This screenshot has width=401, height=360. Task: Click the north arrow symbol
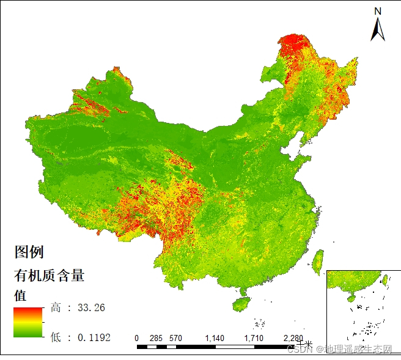[378, 29]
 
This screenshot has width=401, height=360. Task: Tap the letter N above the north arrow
[378, 11]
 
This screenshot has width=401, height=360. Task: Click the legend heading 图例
[29, 251]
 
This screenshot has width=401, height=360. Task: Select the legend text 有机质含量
[49, 276]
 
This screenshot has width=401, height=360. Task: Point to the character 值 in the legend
[20, 295]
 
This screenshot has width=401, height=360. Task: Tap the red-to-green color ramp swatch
[28, 322]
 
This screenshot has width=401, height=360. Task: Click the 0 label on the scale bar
[137, 338]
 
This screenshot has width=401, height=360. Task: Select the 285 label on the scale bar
[156, 338]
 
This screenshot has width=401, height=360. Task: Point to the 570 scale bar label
[176, 338]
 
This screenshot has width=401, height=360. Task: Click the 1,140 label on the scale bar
[215, 338]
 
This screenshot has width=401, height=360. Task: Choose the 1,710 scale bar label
[254, 338]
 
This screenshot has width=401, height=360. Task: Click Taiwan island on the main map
[317, 262]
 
